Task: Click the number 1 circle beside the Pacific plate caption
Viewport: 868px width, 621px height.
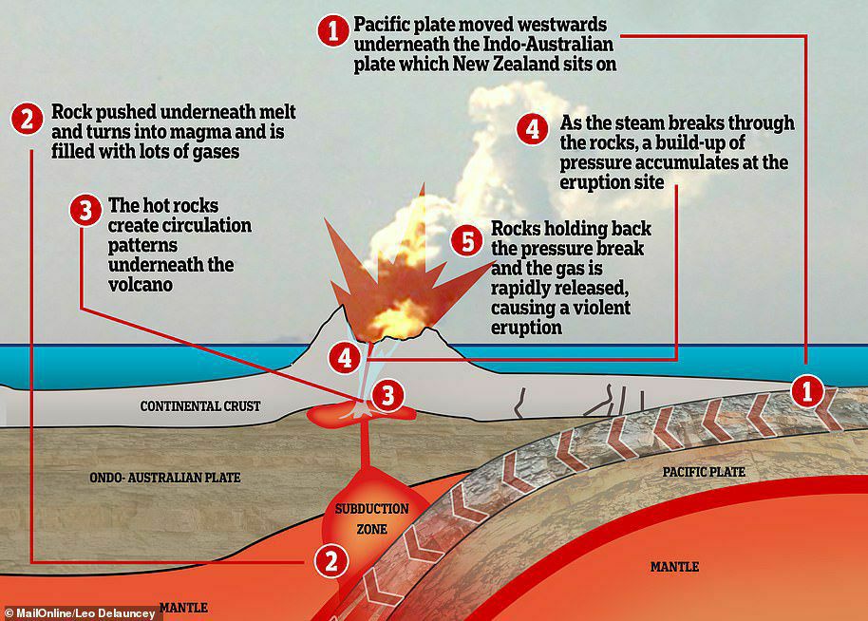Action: point(331,31)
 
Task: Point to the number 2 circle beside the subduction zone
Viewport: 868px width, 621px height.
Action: point(330,560)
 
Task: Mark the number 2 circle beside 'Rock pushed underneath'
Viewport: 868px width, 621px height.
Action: point(27,119)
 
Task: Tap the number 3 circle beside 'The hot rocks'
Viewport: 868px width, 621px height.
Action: point(85,213)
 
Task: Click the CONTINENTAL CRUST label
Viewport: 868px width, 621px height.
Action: point(199,406)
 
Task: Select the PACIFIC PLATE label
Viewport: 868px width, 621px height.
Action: point(705,472)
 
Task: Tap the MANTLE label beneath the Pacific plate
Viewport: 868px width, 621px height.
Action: point(674,567)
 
